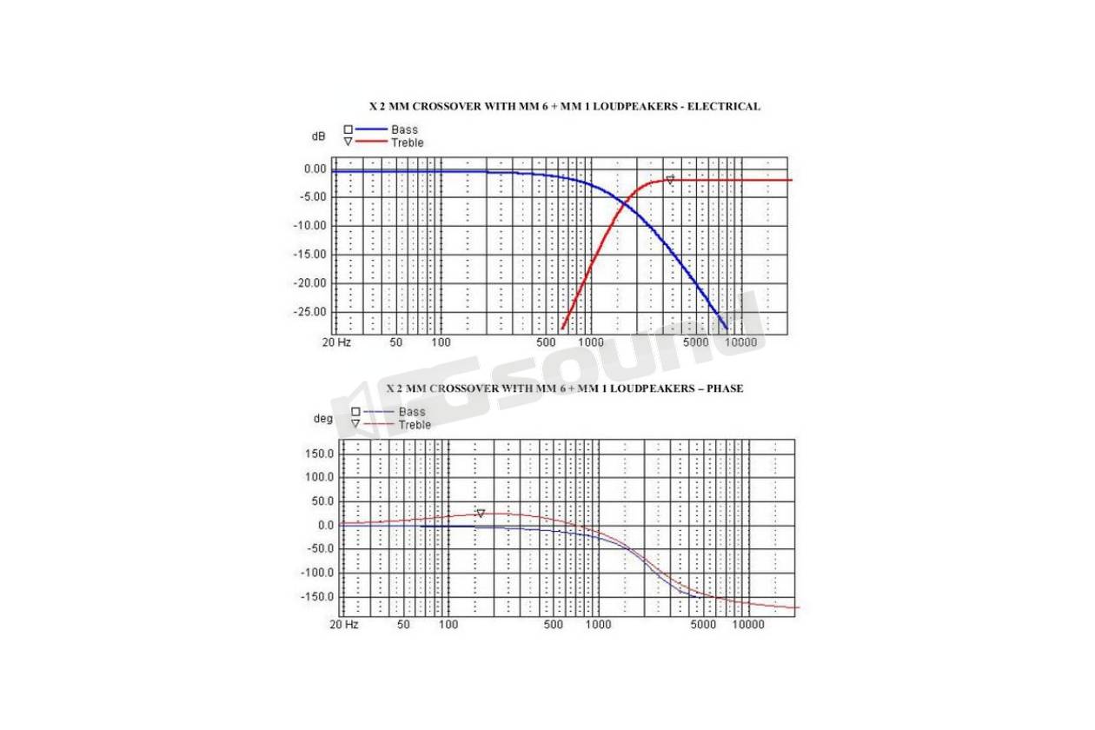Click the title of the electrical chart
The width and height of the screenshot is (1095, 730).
564,107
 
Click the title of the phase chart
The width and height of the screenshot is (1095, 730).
564,388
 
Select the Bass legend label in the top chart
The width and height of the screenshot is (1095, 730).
404,130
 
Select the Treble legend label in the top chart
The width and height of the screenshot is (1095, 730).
407,143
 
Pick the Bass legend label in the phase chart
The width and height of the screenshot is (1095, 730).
412,412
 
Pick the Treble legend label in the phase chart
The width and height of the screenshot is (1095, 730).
415,425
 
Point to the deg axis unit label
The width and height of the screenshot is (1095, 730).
322,419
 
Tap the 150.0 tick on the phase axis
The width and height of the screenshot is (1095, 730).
318,454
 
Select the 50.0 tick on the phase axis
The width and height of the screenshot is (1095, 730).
321,501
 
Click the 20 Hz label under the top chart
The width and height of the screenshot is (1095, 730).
336,342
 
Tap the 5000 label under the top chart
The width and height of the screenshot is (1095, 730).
696,342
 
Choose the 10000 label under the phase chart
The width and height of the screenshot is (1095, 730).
747,625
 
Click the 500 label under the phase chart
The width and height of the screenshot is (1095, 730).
554,625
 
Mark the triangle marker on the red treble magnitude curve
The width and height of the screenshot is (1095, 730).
669,181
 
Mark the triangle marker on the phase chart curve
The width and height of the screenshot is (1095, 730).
480,514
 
